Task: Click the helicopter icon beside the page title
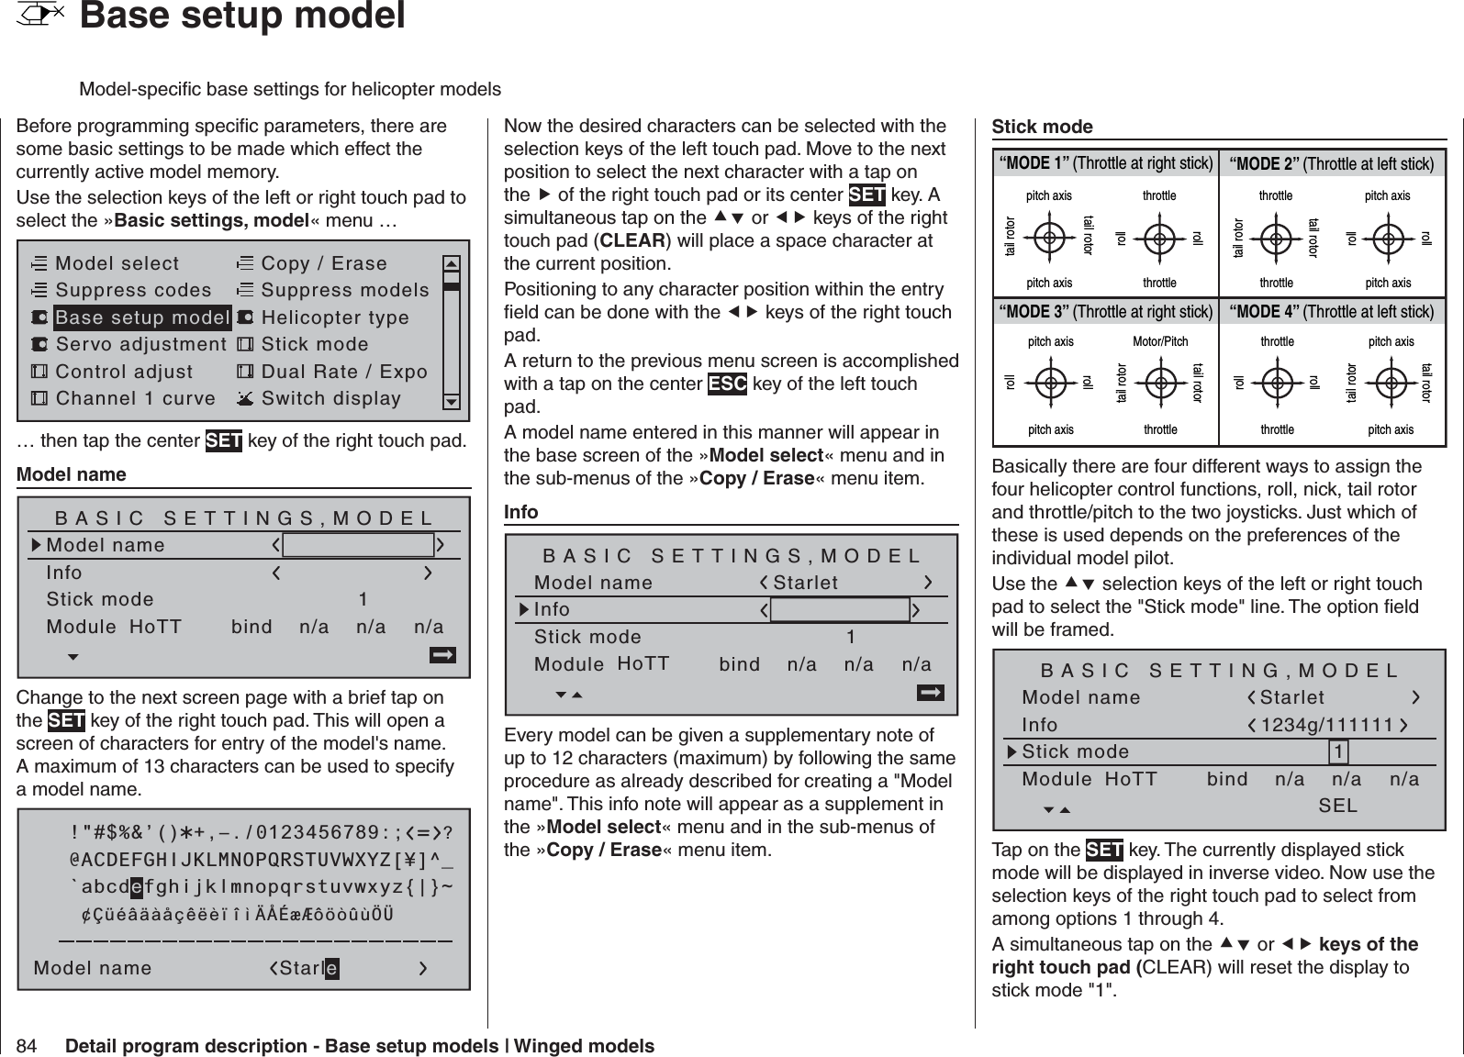pyautogui.click(x=42, y=15)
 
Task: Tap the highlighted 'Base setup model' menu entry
pyautogui.click(x=142, y=317)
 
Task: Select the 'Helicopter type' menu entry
pyautogui.click(x=335, y=317)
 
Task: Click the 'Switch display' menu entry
pyautogui.click(x=330, y=398)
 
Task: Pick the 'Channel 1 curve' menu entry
pyautogui.click(x=135, y=398)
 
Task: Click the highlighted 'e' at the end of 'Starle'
pyautogui.click(x=331, y=968)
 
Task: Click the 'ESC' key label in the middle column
pyautogui.click(x=727, y=384)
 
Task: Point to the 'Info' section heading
pyautogui.click(x=521, y=512)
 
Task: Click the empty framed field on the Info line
pyautogui.click(x=840, y=610)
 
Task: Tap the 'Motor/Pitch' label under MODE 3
pyautogui.click(x=1160, y=342)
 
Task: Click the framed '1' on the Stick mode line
pyautogui.click(x=1340, y=752)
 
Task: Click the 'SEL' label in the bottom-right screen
pyautogui.click(x=1337, y=806)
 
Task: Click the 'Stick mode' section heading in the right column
pyautogui.click(x=1043, y=127)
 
